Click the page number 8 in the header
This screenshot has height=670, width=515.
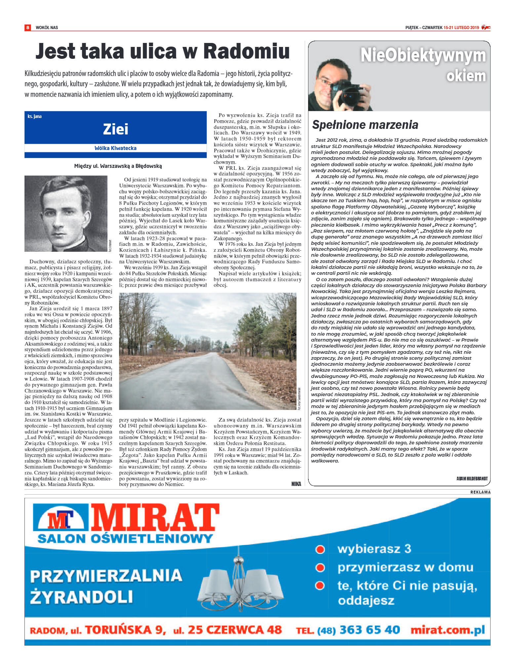coord(28,27)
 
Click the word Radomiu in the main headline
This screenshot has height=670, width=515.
coord(246,52)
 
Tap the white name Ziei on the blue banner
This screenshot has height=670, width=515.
coord(115,129)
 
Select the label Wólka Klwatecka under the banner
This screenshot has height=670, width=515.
coord(115,148)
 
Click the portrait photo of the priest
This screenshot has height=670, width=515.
coord(66,213)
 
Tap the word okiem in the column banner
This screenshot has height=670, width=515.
coord(466,76)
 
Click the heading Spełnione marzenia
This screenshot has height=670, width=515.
coord(365,125)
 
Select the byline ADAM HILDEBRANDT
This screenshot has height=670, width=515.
coord(472,479)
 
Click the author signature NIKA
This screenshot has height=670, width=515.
coord(296,484)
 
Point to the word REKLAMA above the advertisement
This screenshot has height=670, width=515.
coord(480,492)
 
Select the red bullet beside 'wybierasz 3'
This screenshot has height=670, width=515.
coord(320,549)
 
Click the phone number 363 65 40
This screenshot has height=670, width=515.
coord(370,630)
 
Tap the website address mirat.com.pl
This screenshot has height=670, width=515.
coord(448,630)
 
